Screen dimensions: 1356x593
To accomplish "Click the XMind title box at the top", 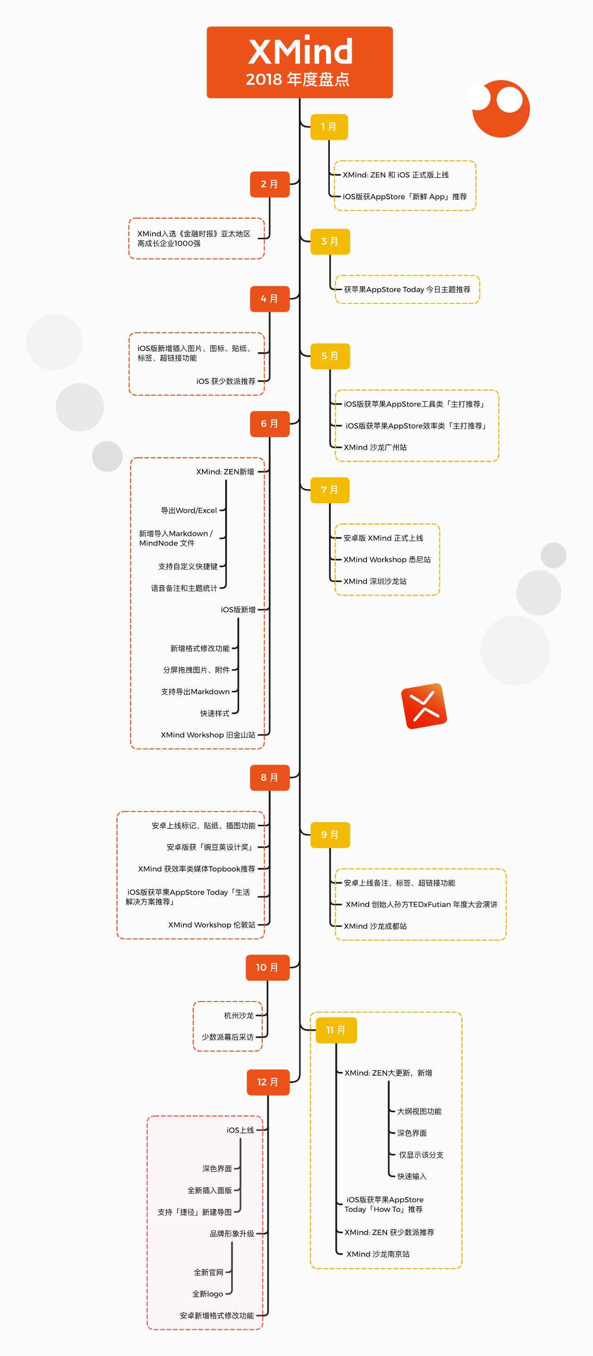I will [x=299, y=62].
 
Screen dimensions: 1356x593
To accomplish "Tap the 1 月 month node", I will [x=329, y=127].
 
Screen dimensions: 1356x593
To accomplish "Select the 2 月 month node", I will [x=270, y=184].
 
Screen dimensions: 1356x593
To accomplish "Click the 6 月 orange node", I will [x=270, y=424].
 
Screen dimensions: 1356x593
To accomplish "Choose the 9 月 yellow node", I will [x=330, y=835].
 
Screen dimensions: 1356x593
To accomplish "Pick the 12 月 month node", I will [x=268, y=1082].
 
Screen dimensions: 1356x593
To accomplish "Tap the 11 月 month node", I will [x=336, y=1030].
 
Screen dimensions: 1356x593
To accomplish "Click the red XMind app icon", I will [x=424, y=706].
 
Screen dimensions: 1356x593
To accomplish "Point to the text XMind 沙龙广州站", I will [x=375, y=447].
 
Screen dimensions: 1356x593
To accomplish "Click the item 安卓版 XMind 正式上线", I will [x=383, y=538].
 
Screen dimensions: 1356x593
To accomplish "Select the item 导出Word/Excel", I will [x=189, y=511].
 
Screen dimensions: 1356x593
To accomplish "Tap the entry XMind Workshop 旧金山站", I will [x=208, y=735].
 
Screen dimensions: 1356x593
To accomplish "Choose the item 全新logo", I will [x=207, y=1294].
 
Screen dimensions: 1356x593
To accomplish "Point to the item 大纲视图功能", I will [x=419, y=1111].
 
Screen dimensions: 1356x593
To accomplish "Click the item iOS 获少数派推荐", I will [x=226, y=381].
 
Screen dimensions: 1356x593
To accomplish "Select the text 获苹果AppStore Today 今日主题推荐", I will [x=407, y=290].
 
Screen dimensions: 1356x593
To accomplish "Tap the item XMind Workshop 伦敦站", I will [x=212, y=925].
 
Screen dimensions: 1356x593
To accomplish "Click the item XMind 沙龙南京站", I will [x=378, y=1254].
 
